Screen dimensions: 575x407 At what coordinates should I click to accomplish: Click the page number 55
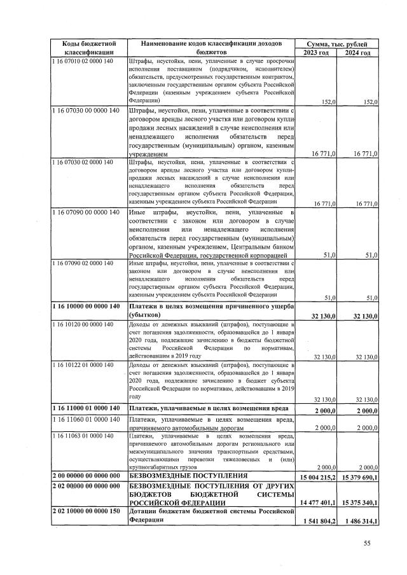[x=366, y=543]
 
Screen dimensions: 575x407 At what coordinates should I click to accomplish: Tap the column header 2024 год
[x=357, y=52]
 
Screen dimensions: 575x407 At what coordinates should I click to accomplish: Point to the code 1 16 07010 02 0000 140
[x=83, y=61]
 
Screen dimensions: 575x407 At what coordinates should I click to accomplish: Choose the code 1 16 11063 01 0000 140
[x=83, y=436]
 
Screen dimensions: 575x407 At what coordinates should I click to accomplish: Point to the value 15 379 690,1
[x=357, y=476]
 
